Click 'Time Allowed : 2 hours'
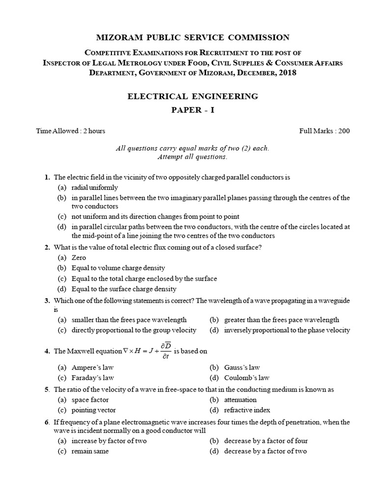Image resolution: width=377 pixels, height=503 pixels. click(x=71, y=131)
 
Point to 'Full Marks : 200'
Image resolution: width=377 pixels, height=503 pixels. click(x=324, y=131)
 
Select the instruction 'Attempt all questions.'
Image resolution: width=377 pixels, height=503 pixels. click(x=192, y=157)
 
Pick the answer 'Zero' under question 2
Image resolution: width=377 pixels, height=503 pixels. click(x=79, y=258)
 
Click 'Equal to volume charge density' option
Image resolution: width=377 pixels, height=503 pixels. click(x=118, y=268)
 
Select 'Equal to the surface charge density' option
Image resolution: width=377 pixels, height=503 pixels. click(x=124, y=289)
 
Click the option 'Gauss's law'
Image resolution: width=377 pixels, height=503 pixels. click(x=242, y=367)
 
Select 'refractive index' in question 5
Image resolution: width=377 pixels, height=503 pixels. click(x=247, y=410)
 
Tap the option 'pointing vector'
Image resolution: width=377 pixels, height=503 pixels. click(x=94, y=410)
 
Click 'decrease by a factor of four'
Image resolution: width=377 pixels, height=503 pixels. click(x=266, y=441)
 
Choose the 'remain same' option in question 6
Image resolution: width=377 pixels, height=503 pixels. click(x=90, y=451)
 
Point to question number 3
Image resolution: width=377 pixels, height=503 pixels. click(x=47, y=300)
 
